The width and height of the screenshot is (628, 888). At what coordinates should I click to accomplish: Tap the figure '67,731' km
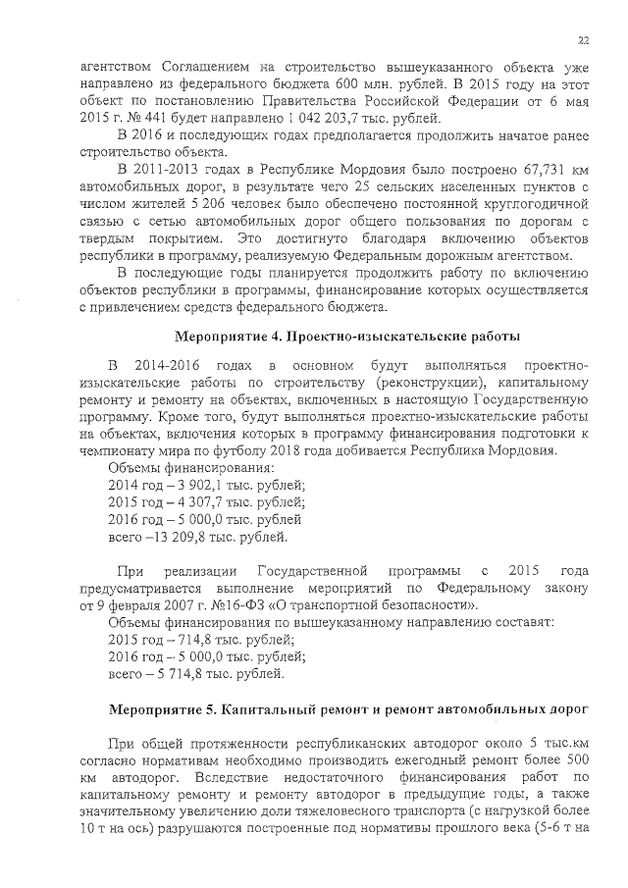pyautogui.click(x=529, y=169)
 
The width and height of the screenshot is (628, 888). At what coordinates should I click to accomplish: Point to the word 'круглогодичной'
pyautogui.click(x=536, y=204)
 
